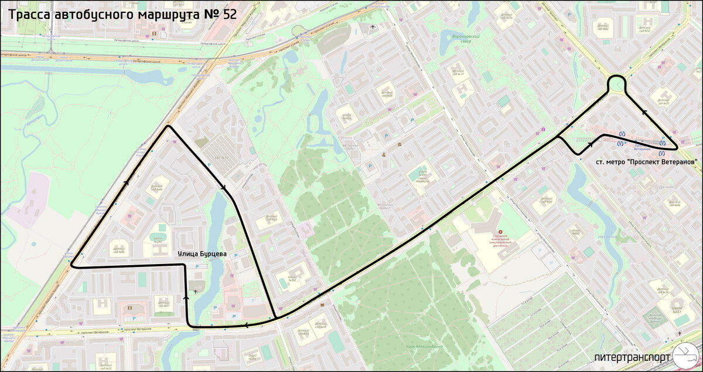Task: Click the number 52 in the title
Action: click(x=229, y=14)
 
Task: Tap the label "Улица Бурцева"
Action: click(x=203, y=254)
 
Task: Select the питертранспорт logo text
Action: click(x=631, y=357)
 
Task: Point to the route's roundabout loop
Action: click(x=617, y=84)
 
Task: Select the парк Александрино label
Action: click(x=424, y=347)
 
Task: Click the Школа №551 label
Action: click(x=677, y=310)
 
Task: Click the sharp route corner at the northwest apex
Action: click(x=169, y=126)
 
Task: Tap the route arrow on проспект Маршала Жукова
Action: click(x=126, y=182)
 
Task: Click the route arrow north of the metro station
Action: click(x=644, y=113)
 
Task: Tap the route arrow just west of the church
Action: click(x=186, y=297)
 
